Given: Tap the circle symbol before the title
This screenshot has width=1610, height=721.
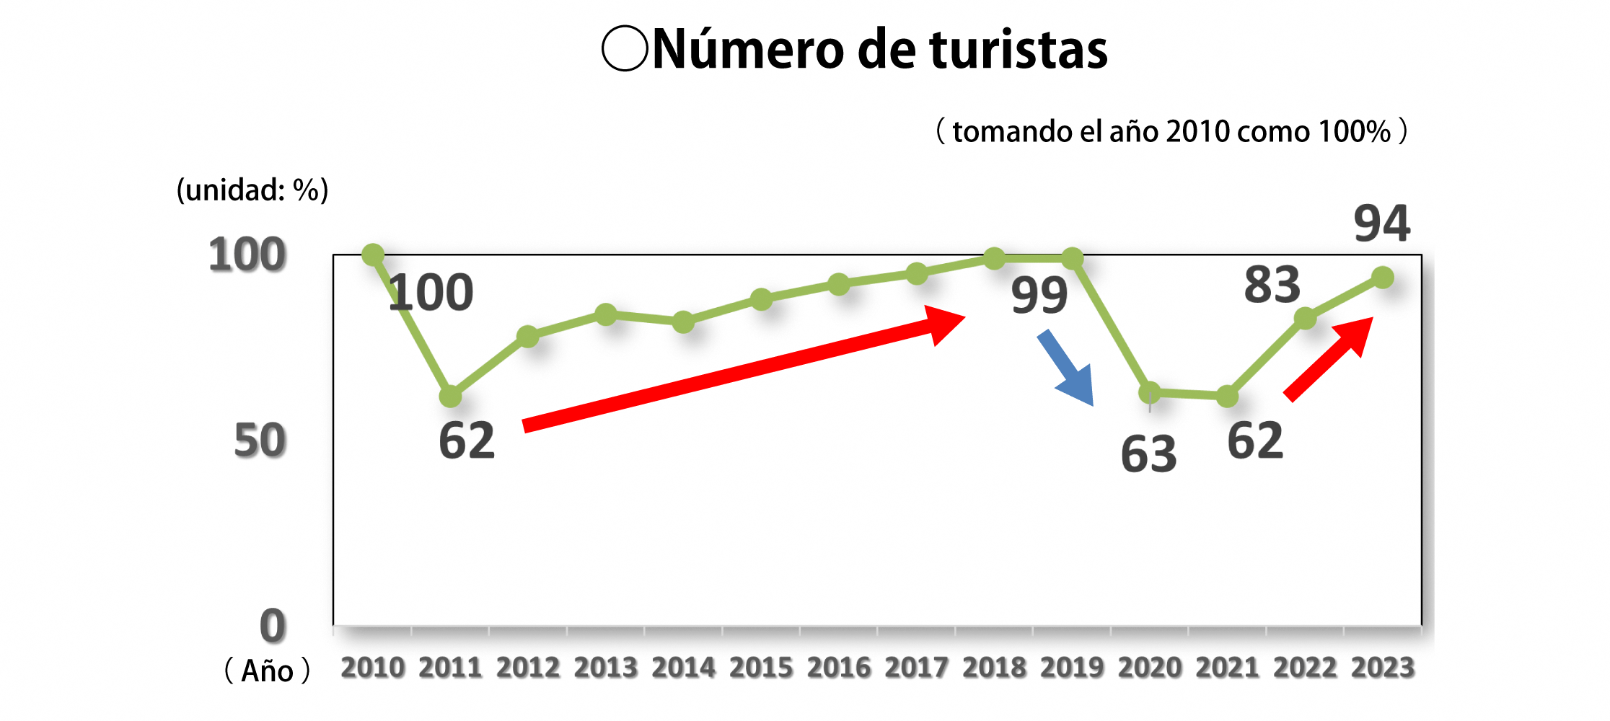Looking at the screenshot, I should click(625, 48).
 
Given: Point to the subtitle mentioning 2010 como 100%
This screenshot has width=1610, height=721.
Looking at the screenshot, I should click(1171, 131).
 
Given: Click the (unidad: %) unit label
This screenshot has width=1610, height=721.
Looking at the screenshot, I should click(252, 190).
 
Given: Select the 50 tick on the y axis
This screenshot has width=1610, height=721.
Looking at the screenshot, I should click(260, 441).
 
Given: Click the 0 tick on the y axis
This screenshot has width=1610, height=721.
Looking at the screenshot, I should click(273, 625).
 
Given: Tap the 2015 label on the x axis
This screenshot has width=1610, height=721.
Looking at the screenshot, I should click(761, 668).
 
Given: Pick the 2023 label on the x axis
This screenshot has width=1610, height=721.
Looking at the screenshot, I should click(1383, 668).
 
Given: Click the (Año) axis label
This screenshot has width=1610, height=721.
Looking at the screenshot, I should click(267, 671).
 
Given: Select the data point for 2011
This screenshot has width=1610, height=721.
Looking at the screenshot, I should click(451, 396).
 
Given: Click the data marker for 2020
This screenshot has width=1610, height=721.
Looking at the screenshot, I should click(1150, 393).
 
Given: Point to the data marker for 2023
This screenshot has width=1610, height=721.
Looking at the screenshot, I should click(1383, 278).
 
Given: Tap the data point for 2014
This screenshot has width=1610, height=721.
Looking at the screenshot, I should click(684, 322).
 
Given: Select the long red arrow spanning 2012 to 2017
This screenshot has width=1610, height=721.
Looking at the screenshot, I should click(743, 368).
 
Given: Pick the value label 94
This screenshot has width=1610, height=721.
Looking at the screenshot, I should click(1381, 224).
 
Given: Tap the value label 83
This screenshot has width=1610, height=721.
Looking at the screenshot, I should click(1272, 284).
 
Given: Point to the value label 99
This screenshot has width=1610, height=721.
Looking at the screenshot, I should click(1039, 295).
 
